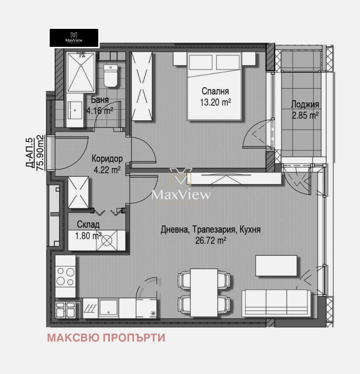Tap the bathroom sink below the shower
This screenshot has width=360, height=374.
[75, 109]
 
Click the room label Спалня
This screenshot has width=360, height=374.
[215, 92]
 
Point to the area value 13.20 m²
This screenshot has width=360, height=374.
[215, 102]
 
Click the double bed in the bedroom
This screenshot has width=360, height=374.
[214, 86]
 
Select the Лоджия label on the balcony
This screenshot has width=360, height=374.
[305, 105]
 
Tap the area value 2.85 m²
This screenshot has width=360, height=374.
[305, 116]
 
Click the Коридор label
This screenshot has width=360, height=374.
[107, 159]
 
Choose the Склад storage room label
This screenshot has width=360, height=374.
[88, 225]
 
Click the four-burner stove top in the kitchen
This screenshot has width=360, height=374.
[66, 277]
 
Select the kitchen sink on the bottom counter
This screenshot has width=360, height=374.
[107, 308]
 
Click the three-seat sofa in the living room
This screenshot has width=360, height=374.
[276, 303]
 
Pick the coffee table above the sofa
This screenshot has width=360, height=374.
[276, 266]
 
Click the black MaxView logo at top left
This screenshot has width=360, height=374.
[74, 38]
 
